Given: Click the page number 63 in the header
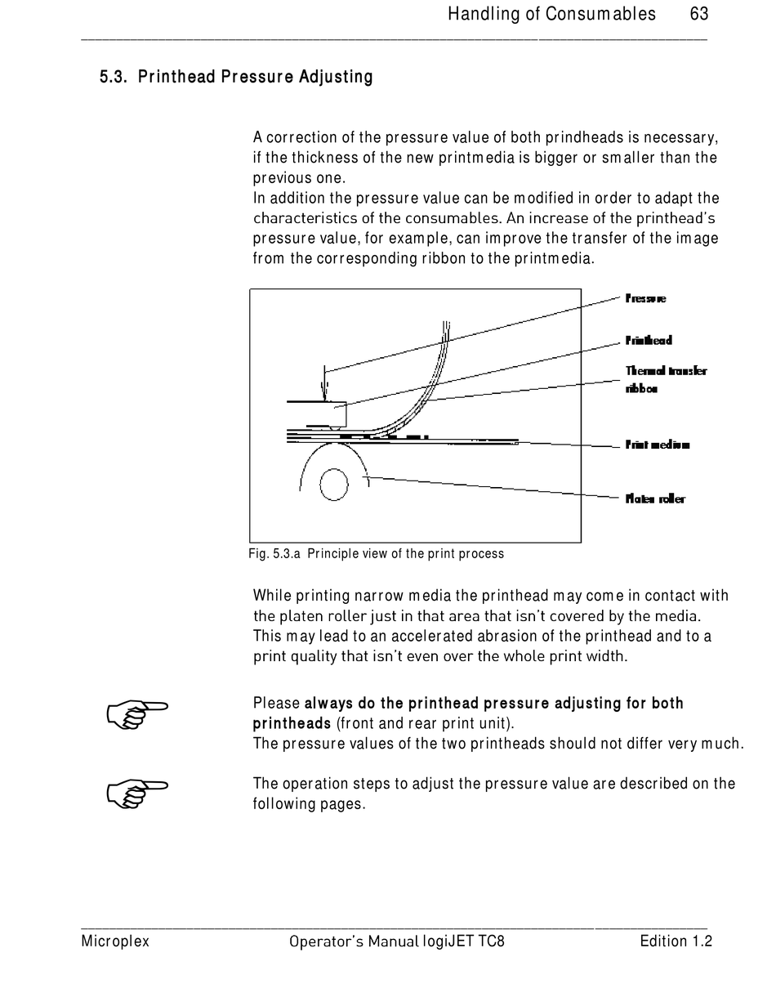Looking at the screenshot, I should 698,14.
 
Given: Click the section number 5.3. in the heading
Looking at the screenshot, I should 115,77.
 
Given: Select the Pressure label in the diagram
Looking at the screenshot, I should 645,298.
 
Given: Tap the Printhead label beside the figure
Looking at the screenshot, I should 649,340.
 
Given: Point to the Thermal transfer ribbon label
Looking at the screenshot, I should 665,379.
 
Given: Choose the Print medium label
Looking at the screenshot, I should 658,445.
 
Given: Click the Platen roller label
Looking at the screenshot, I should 655,499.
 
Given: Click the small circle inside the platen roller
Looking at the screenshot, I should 334,485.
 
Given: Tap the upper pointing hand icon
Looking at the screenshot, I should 136,713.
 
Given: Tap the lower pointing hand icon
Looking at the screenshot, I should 136,793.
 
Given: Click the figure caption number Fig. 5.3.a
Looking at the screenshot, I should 274,554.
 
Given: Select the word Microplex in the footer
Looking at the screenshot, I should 115,941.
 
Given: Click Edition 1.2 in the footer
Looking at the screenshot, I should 676,941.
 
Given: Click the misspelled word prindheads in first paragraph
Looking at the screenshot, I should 579,137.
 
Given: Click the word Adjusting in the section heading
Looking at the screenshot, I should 335,77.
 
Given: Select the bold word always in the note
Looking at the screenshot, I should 329,704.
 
